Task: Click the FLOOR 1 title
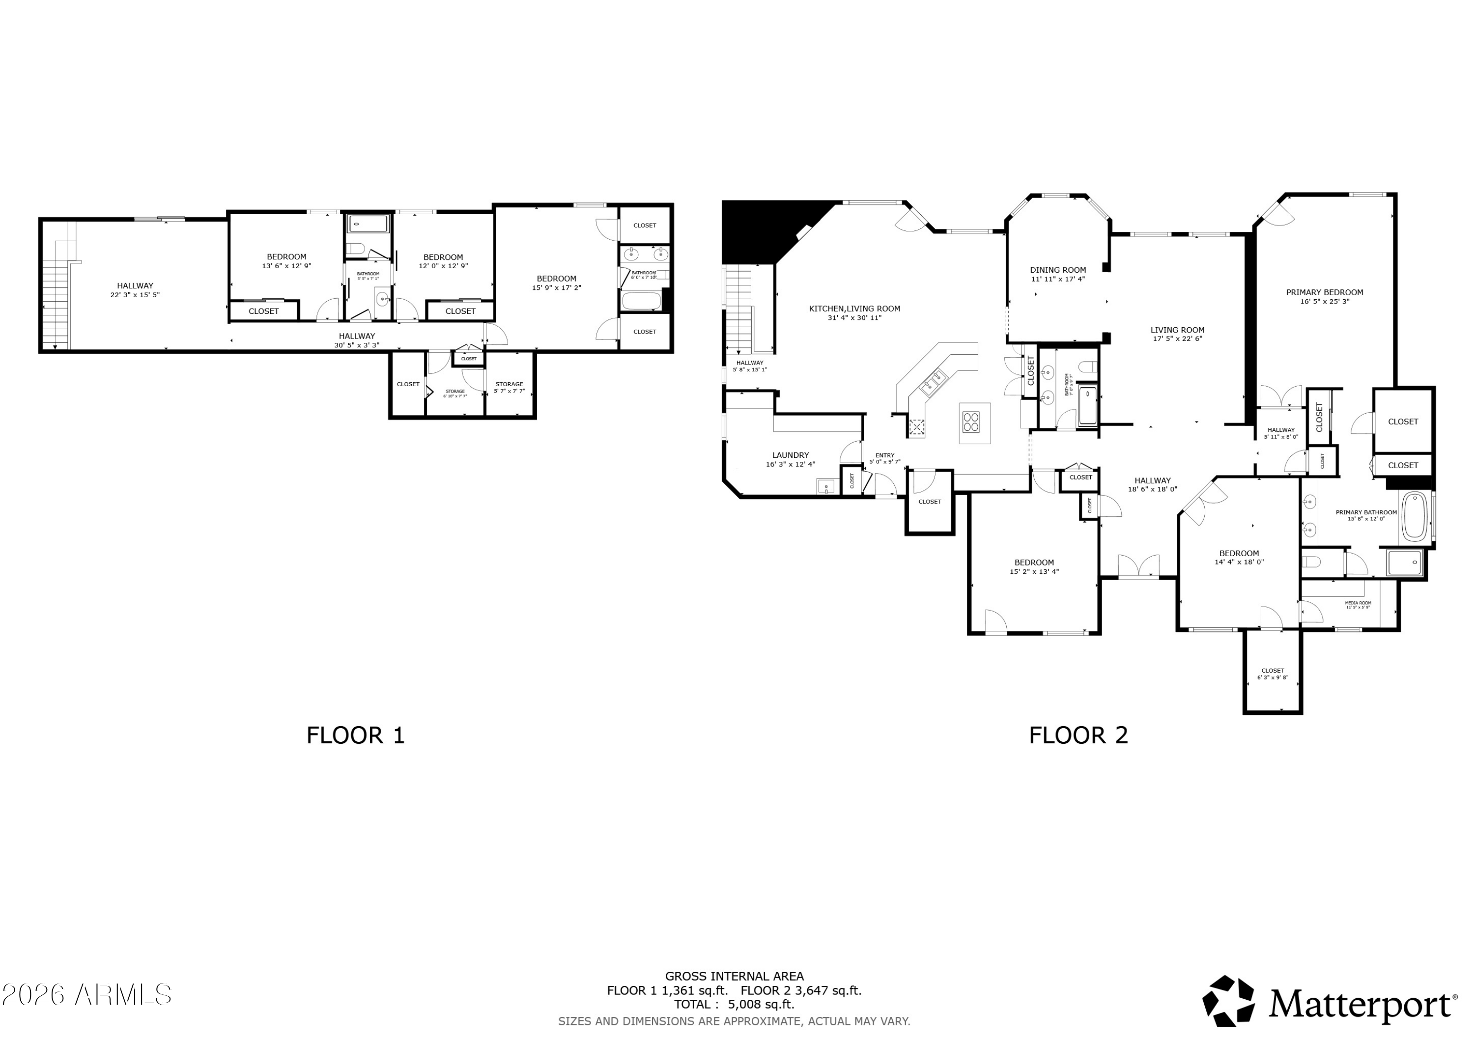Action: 355,735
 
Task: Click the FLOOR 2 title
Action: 1078,735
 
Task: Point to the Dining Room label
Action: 1058,270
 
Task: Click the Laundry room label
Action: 790,455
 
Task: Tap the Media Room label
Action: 1358,603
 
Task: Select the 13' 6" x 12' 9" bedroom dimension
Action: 286,266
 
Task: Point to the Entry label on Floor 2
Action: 885,455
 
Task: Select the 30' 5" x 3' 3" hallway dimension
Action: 357,345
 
